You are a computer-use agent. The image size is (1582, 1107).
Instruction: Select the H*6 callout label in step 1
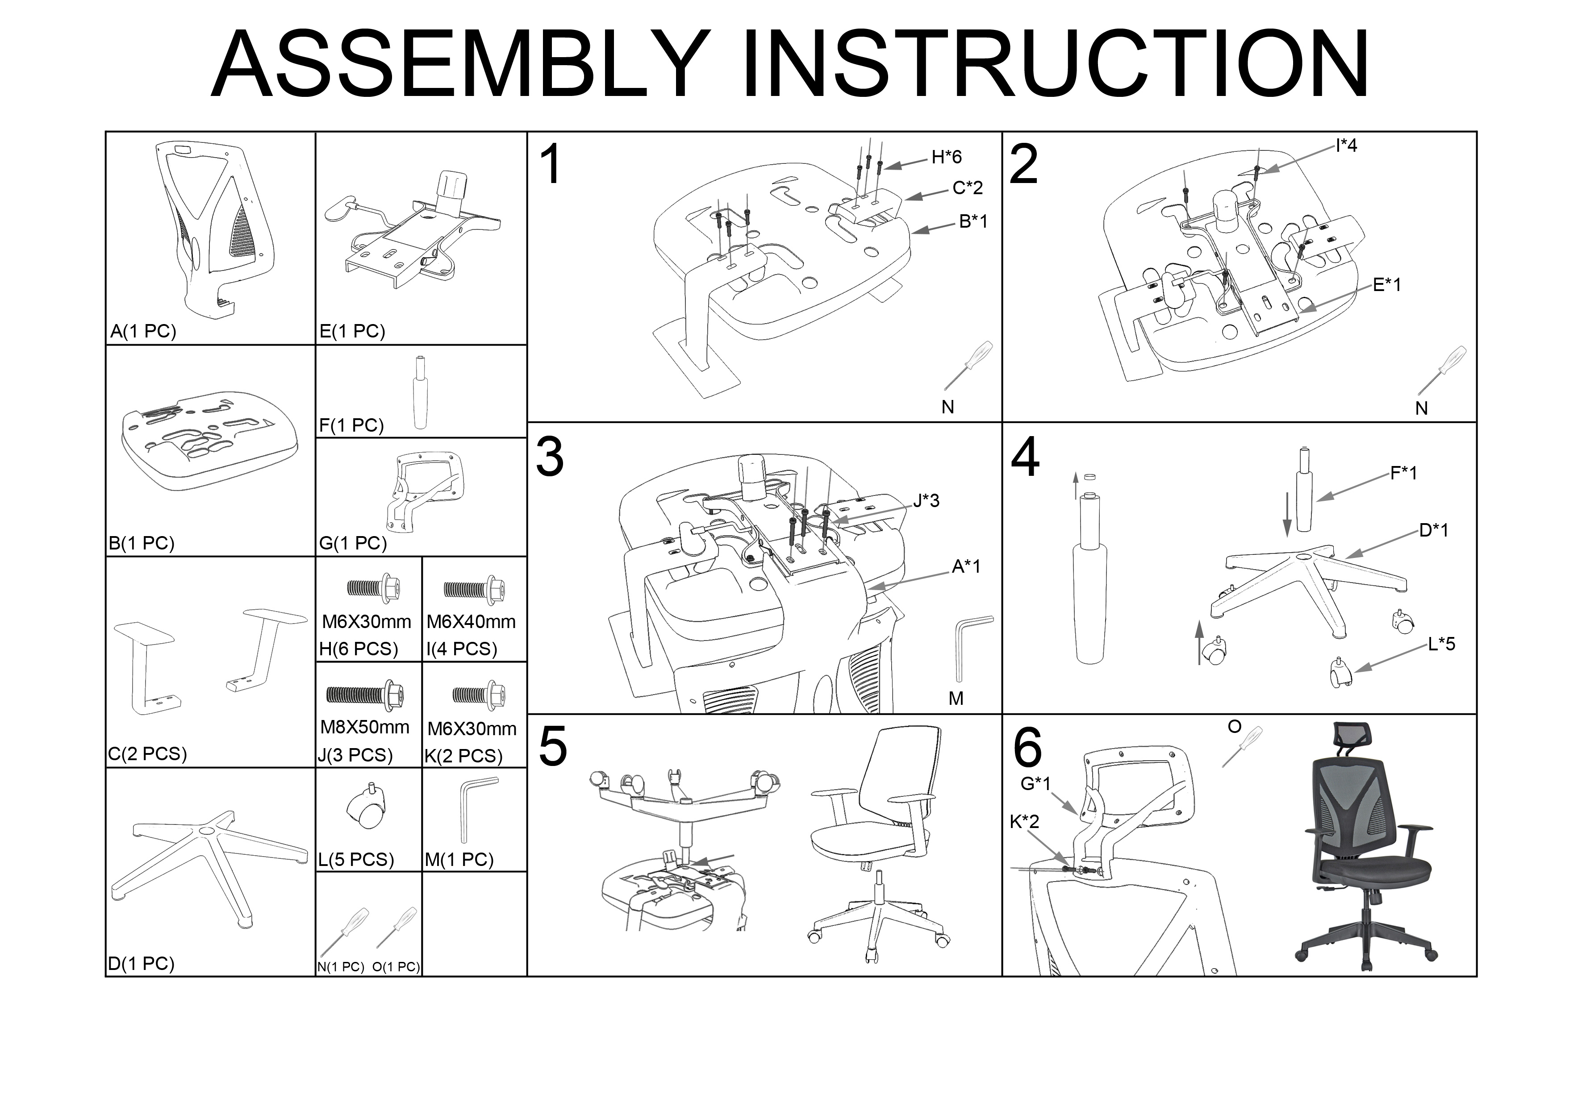tap(946, 157)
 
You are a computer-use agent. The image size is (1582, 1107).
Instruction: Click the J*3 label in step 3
tap(926, 501)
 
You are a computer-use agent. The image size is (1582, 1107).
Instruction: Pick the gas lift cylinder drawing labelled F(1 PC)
tap(419, 393)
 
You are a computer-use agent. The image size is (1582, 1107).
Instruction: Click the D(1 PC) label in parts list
tap(141, 963)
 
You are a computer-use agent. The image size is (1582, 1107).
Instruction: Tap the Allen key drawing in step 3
tap(971, 648)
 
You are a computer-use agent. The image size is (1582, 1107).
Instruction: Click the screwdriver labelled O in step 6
tap(1242, 747)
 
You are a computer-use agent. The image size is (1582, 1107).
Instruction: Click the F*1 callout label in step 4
tap(1403, 473)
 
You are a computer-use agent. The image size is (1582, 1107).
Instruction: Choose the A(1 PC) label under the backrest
tap(143, 331)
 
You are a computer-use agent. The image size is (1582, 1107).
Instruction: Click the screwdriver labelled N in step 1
tap(968, 365)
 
